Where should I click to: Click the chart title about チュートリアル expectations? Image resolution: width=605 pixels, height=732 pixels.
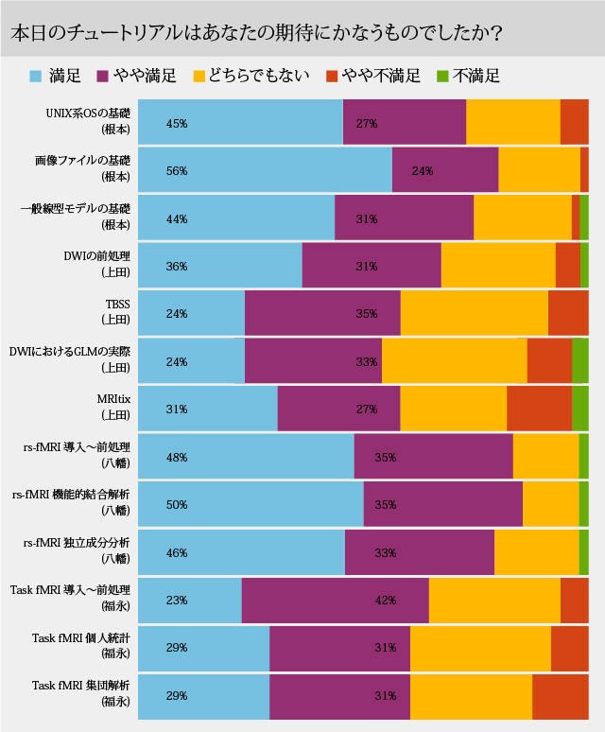click(255, 32)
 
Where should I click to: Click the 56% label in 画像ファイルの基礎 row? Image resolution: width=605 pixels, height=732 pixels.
click(177, 171)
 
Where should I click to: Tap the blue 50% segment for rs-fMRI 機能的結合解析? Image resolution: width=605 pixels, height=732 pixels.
click(251, 504)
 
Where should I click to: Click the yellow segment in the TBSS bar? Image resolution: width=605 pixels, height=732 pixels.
click(474, 313)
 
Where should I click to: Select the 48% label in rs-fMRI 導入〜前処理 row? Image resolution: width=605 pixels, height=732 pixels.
click(177, 457)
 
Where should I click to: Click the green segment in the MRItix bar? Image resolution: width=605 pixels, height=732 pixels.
click(579, 409)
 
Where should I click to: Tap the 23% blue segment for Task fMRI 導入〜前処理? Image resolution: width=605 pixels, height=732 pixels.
click(189, 600)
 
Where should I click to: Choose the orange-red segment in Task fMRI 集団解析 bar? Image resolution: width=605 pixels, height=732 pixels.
click(560, 695)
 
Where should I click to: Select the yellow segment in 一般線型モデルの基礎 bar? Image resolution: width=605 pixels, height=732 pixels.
click(522, 218)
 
